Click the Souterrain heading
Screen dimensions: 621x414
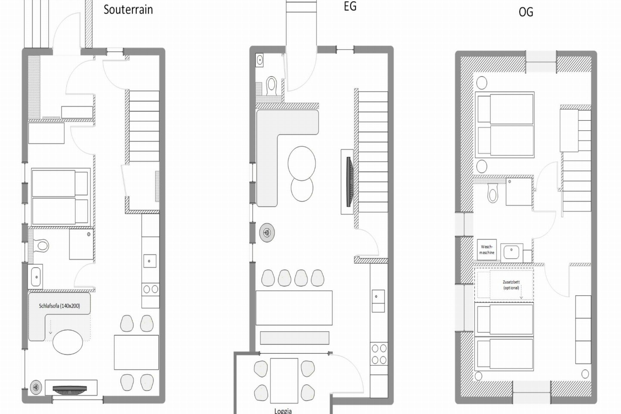128,10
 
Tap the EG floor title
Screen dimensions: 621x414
350,6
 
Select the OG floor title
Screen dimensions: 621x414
526,12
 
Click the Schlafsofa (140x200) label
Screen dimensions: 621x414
60,306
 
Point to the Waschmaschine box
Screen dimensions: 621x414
487,250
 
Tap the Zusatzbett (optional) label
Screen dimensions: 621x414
511,285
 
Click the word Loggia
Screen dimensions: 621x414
283,411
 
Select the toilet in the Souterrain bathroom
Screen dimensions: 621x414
41,246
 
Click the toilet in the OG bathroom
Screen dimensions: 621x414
492,193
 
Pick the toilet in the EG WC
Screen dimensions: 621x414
272,85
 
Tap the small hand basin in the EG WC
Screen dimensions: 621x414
260,60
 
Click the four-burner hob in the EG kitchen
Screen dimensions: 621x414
379,354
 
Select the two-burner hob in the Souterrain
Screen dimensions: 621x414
151,289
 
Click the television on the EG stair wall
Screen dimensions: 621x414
350,182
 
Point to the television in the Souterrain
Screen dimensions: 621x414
69,389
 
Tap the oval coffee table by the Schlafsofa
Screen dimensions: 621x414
68,342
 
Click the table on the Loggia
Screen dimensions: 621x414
284,380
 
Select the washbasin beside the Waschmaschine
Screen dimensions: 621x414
511,253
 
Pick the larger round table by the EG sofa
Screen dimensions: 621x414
301,163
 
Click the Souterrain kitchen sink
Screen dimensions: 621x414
150,261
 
